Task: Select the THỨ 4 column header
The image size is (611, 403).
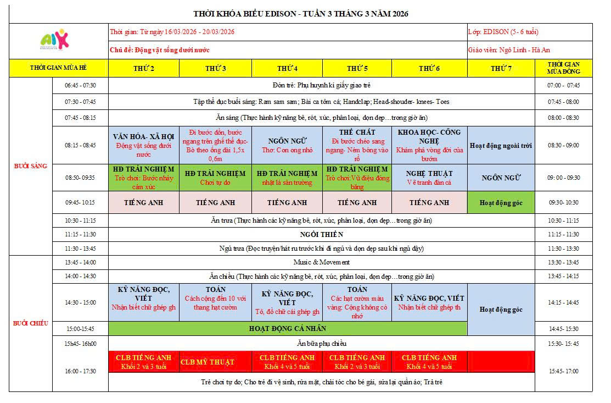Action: [287, 68]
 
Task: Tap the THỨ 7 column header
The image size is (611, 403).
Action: [501, 68]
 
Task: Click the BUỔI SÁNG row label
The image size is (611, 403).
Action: [31, 166]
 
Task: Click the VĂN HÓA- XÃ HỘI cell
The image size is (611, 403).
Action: [144, 145]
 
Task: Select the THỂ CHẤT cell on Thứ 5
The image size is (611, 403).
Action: [357, 145]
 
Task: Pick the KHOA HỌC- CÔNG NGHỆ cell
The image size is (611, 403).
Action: [429, 145]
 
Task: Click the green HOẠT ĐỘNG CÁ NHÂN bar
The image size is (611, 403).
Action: [288, 329]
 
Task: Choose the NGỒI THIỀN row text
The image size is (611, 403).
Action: [322, 234]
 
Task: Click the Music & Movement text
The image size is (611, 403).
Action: [322, 262]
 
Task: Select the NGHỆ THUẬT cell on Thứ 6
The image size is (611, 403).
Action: [429, 178]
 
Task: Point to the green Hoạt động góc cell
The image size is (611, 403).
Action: [501, 203]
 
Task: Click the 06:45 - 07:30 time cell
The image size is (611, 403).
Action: [80, 85]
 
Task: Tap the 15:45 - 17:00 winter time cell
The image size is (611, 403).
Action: [564, 371]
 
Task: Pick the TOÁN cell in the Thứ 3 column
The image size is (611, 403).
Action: [215, 302]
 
